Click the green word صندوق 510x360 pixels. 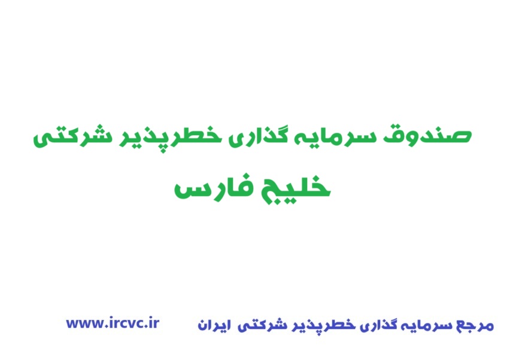(x=440, y=135)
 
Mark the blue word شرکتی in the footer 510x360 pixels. (x=259, y=326)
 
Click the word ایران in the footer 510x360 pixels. (x=213, y=326)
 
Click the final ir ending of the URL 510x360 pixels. (x=153, y=323)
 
